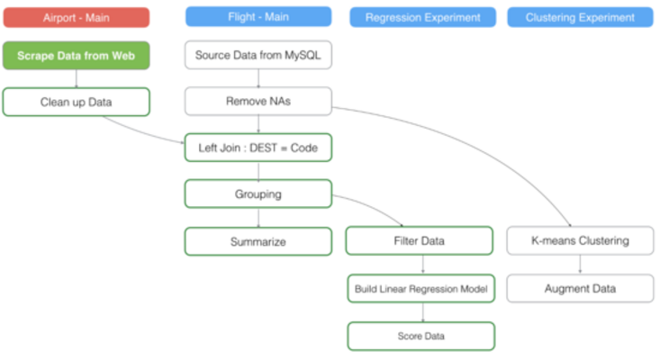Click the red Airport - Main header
click(x=76, y=17)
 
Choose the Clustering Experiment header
click(x=580, y=17)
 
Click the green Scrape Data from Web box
click(x=76, y=56)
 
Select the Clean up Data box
click(x=76, y=102)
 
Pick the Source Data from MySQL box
click(x=258, y=56)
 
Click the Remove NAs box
click(x=258, y=102)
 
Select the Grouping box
click(x=258, y=193)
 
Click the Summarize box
click(x=258, y=241)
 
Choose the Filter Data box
click(x=420, y=241)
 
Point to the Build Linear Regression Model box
click(x=420, y=289)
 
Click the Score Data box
click(x=420, y=336)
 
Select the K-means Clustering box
click(x=580, y=241)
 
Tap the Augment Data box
click(x=580, y=289)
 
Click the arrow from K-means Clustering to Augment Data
click(x=580, y=265)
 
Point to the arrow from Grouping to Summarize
click(x=258, y=217)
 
